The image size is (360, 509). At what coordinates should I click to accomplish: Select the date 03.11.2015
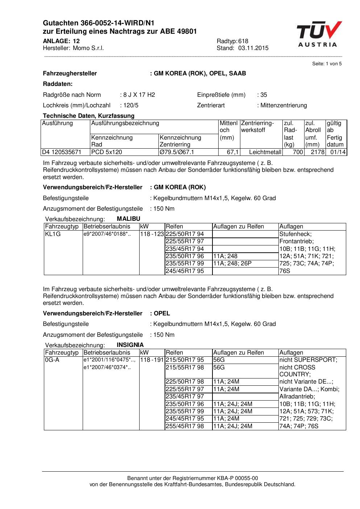253,48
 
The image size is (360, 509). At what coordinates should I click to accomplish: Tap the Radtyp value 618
243,41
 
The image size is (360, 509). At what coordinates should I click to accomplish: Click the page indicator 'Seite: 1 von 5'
327,64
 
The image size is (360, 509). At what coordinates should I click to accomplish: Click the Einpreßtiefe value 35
264,95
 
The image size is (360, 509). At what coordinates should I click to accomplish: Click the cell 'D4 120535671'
62,152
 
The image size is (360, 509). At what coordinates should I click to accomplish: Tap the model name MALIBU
128,219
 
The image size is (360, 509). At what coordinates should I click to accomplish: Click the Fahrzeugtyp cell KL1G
53,234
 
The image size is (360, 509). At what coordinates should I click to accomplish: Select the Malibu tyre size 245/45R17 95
185,271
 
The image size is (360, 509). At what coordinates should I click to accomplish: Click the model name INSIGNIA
130,345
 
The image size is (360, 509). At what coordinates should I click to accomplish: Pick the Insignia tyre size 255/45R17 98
185,426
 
